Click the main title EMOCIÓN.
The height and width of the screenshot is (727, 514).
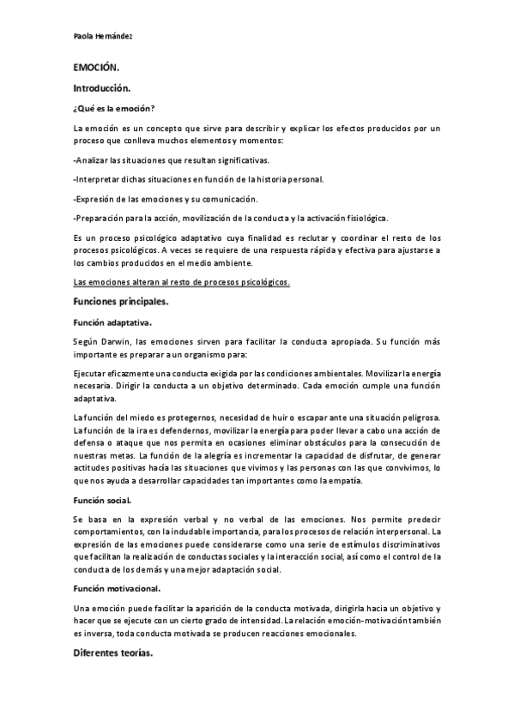97,69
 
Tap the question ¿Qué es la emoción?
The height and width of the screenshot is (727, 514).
114,108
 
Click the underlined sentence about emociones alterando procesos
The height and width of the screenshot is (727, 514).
182,282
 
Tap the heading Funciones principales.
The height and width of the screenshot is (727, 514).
120,303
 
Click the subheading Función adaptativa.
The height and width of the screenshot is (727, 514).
112,323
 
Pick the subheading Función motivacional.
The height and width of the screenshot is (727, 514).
118,589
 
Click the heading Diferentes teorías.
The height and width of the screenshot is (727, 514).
112,654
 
